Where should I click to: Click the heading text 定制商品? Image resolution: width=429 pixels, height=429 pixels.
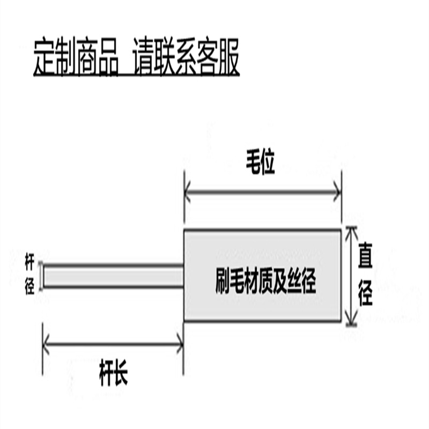[x=76, y=56]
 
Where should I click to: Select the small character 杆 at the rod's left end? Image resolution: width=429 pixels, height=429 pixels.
[x=30, y=263]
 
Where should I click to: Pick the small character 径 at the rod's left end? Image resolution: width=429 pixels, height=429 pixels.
[x=30, y=287]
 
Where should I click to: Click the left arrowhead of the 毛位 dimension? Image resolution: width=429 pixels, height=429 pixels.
[x=187, y=193]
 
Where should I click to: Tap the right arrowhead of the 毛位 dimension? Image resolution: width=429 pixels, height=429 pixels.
[x=337, y=193]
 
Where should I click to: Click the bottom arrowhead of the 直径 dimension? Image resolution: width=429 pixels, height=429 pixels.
[x=351, y=321]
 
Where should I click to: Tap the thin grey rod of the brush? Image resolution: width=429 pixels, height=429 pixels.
[x=113, y=276]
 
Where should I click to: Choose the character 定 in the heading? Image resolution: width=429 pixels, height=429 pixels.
[x=44, y=56]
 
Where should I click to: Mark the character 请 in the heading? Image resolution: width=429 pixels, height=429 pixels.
[x=146, y=56]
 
